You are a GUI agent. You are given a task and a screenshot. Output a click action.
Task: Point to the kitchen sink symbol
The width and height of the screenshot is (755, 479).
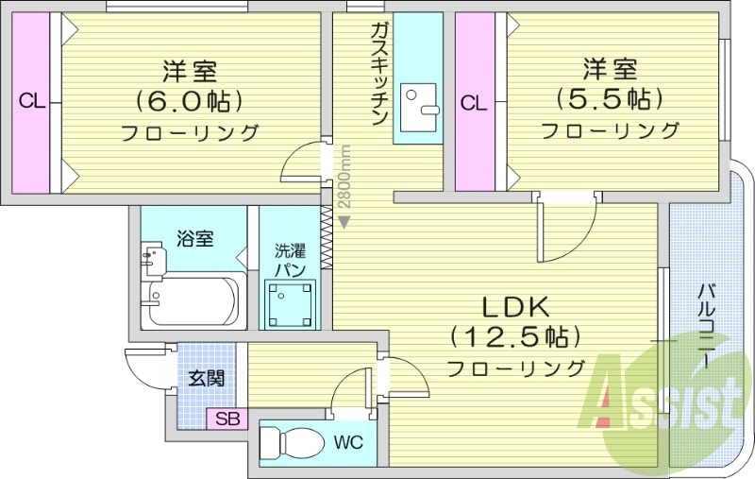click(x=419, y=102)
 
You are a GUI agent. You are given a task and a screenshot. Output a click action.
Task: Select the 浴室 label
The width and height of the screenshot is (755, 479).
click(x=194, y=239)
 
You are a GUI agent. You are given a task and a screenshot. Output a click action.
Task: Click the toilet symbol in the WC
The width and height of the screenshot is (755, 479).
click(x=285, y=442)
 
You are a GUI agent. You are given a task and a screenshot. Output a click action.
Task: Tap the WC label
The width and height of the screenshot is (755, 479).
click(x=346, y=442)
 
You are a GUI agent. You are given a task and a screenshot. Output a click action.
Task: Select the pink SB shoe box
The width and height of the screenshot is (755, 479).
click(x=228, y=419)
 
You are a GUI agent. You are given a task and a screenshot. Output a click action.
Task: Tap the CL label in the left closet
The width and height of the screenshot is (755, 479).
click(x=32, y=102)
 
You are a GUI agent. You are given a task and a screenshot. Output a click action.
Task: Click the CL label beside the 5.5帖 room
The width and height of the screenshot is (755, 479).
click(x=474, y=102)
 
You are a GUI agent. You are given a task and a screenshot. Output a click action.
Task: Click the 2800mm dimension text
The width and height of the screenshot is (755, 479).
click(x=346, y=179)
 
